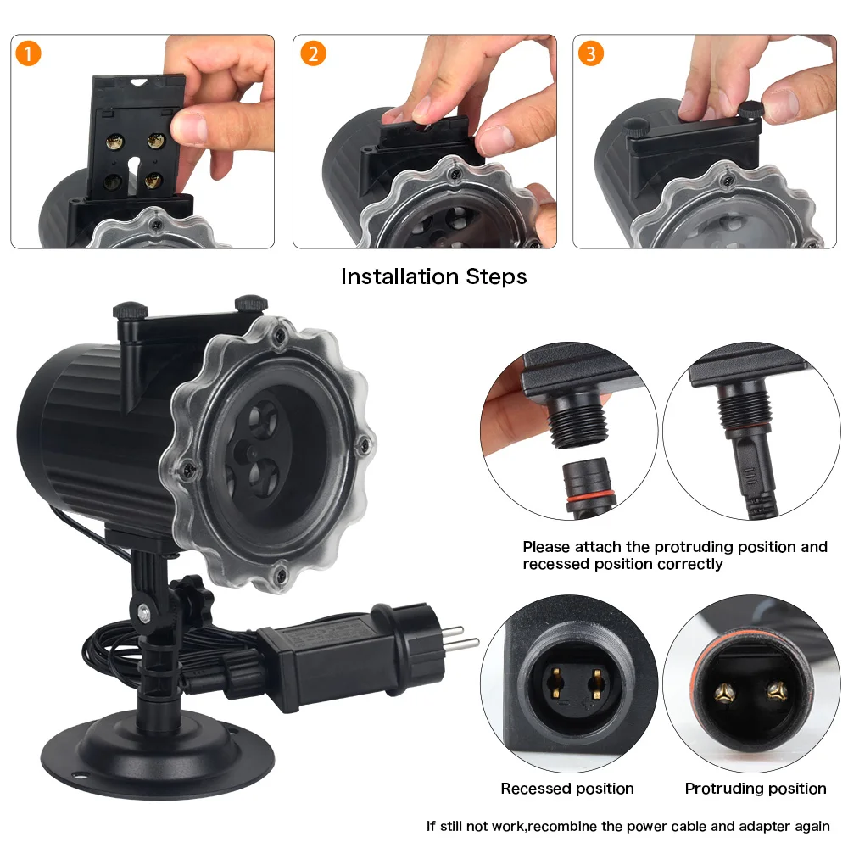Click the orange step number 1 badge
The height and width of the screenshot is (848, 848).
click(28, 53)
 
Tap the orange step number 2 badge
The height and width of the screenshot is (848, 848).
click(313, 53)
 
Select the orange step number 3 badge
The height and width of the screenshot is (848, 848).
click(590, 53)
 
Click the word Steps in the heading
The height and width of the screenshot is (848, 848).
click(496, 277)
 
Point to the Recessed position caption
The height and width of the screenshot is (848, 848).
click(567, 789)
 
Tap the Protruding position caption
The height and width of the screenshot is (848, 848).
click(756, 789)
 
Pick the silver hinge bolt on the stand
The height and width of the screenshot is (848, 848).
click(144, 613)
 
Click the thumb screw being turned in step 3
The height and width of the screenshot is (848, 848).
click(750, 109)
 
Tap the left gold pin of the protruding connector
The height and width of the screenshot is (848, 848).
click(724, 692)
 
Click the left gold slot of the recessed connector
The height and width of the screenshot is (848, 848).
click(555, 683)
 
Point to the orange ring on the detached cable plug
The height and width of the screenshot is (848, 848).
click(590, 497)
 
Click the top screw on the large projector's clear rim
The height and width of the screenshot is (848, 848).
click(280, 336)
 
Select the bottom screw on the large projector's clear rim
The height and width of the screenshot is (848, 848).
click(280, 575)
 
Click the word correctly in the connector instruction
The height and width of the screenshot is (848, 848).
click(691, 564)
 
